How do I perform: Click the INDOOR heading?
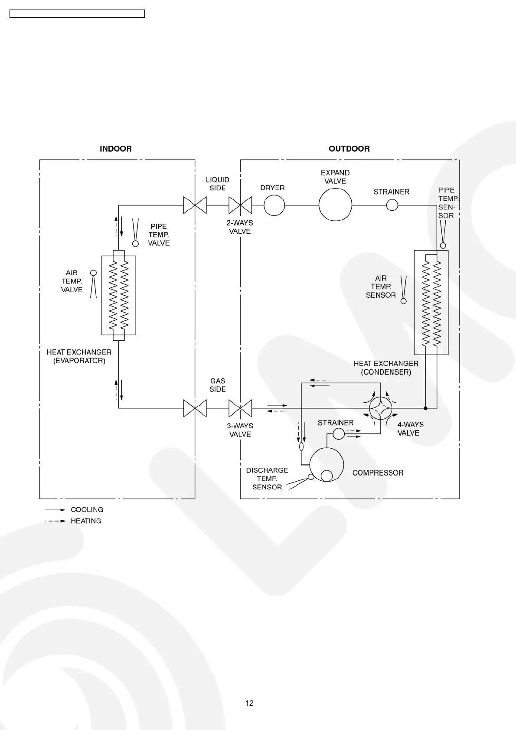(x=115, y=149)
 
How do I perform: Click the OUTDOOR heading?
(x=349, y=149)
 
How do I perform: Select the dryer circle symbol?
(x=274, y=205)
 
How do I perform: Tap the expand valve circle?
(x=335, y=205)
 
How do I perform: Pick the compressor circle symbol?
(x=327, y=465)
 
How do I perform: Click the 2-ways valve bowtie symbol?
(x=240, y=205)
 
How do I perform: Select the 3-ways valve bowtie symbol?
(x=240, y=408)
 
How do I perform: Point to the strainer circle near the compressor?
(x=338, y=433)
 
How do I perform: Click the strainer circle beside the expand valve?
(x=392, y=205)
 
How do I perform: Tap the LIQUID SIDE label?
(x=217, y=184)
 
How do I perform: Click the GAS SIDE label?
(x=218, y=385)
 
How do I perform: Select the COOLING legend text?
(x=87, y=510)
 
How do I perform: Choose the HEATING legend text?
(x=86, y=521)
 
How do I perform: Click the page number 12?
(x=249, y=703)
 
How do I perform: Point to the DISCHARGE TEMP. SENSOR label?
(x=267, y=479)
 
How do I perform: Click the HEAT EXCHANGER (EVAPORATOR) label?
(x=79, y=356)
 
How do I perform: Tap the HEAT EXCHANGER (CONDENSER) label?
(x=386, y=368)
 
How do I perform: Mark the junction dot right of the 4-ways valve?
(x=426, y=408)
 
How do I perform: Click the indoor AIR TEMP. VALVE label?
(x=72, y=281)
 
